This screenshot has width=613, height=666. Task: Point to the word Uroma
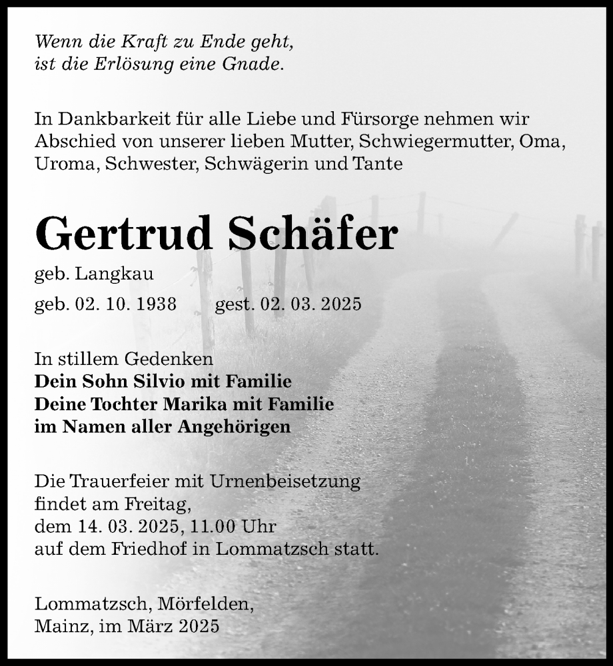67,164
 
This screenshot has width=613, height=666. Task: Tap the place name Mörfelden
207,604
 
